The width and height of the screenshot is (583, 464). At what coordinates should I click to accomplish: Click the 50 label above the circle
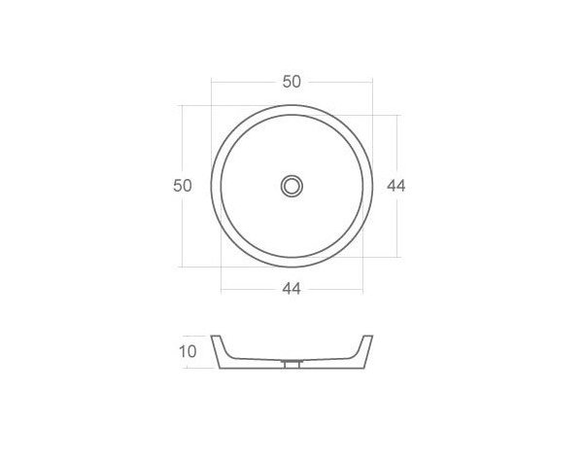tap(291, 82)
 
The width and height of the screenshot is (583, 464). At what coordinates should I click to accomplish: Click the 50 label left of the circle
tap(183, 185)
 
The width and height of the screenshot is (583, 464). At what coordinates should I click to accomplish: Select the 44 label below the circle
tap(291, 288)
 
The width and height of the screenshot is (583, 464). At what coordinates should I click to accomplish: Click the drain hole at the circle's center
tap(291, 185)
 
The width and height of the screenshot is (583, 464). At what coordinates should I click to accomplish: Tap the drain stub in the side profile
tap(291, 365)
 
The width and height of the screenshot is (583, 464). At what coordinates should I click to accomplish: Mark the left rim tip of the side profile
tap(216, 338)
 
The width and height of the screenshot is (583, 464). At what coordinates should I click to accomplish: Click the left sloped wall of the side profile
tap(222, 350)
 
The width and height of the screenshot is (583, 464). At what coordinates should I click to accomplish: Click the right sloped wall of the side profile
tap(361, 350)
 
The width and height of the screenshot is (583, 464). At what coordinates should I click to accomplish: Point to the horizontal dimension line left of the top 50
tap(243, 82)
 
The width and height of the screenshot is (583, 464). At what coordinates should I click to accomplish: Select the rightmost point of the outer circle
tap(373, 185)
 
